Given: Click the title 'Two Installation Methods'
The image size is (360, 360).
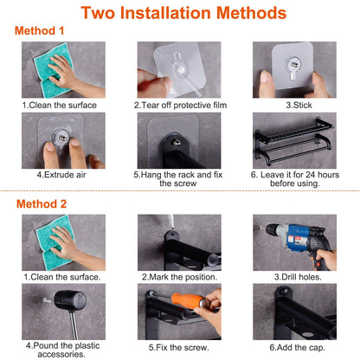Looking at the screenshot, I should pos(179,14).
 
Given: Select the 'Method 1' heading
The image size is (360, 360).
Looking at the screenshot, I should pos(40,30).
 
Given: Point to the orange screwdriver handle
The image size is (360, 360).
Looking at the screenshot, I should pos(183,304).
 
